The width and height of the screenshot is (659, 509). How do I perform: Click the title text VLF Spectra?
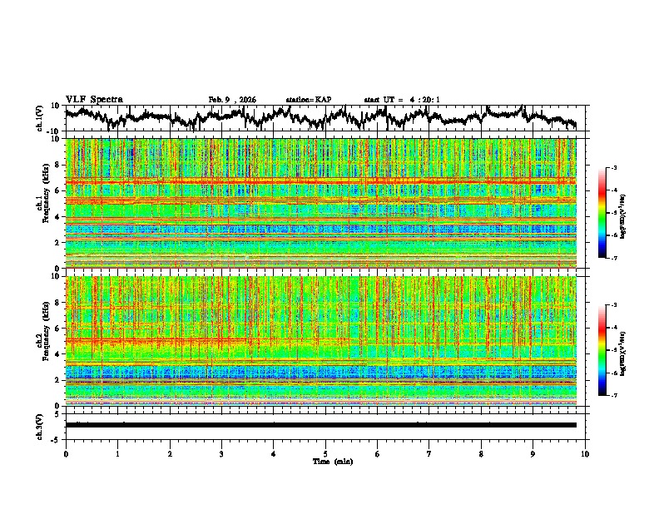[94, 100]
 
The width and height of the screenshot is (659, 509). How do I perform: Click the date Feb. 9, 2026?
[232, 100]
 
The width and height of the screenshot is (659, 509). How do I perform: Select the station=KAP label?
[308, 100]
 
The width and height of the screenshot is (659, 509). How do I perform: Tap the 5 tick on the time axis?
[325, 453]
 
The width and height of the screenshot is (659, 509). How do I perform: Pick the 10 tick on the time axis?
[585, 453]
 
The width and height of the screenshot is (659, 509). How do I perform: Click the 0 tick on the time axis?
[66, 453]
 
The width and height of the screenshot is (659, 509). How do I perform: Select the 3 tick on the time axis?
[221, 453]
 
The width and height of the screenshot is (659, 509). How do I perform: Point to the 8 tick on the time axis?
[481, 453]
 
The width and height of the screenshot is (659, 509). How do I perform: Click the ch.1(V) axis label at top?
[40, 118]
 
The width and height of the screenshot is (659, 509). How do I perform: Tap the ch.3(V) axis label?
[40, 424]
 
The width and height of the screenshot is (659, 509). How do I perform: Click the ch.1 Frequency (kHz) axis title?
[40, 204]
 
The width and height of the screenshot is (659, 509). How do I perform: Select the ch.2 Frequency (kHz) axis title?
[40, 341]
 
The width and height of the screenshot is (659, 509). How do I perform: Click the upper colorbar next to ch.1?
[612, 214]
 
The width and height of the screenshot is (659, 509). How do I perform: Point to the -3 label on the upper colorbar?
[623, 169]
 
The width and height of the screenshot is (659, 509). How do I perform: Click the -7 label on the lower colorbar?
[623, 396]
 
